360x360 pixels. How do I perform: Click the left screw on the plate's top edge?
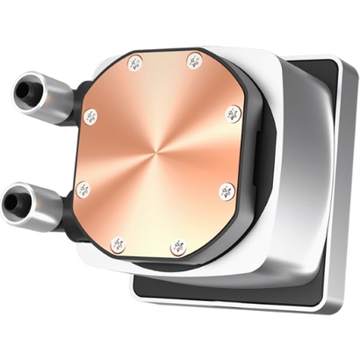tap(135, 63)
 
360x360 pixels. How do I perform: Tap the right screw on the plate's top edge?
tap(194, 61)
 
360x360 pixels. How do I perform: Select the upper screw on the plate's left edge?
tap(90, 116)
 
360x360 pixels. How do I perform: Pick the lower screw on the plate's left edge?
tap(83, 189)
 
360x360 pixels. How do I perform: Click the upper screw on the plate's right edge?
tap(233, 113)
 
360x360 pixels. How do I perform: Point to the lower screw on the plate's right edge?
tap(227, 191)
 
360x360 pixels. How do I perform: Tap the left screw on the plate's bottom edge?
tap(118, 243)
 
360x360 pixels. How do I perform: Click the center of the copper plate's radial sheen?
tap(159, 153)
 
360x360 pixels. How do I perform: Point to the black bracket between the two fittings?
tap(68, 149)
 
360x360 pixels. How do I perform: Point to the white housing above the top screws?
tap(176, 48)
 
